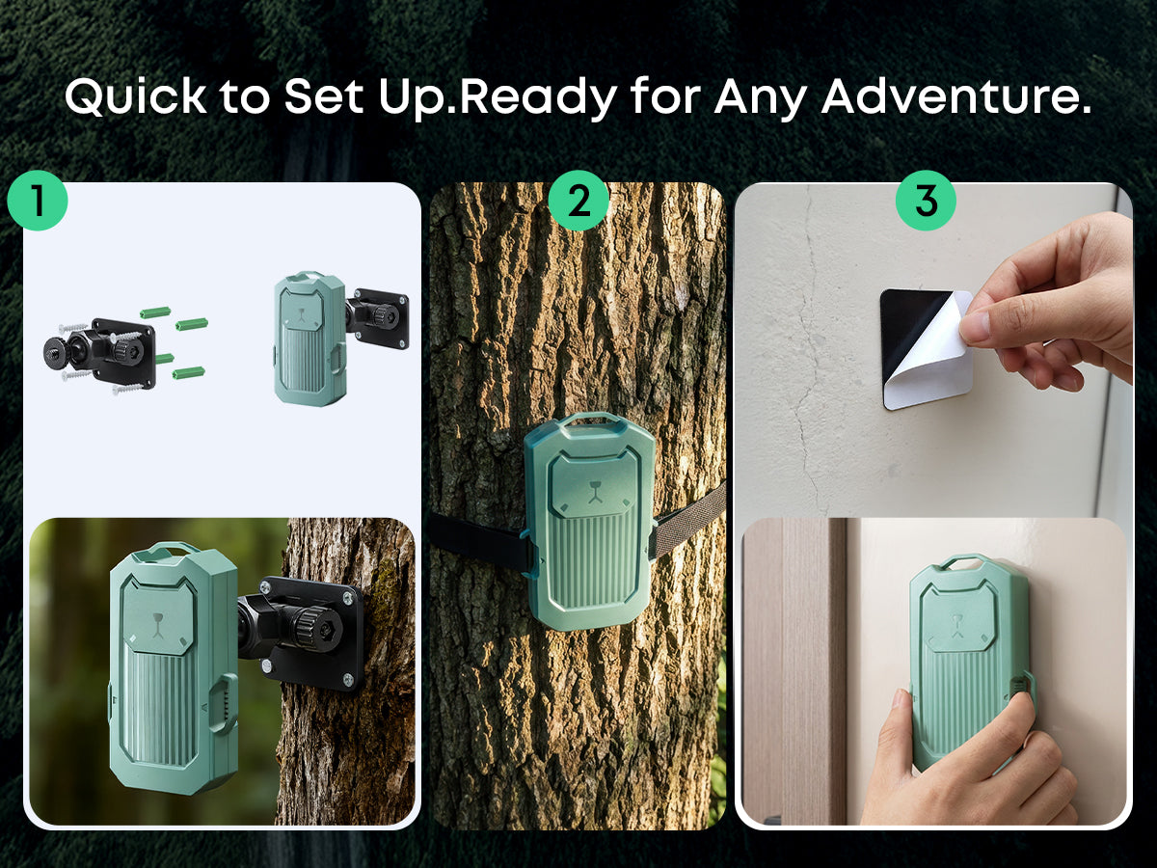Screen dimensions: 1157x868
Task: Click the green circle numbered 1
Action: click(38, 201)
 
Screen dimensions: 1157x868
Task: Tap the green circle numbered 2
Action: click(578, 201)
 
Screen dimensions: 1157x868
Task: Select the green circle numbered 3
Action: click(926, 201)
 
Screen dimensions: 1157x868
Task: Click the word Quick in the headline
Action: click(135, 96)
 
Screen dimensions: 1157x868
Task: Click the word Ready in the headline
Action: click(538, 98)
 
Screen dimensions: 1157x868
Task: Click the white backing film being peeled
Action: click(934, 359)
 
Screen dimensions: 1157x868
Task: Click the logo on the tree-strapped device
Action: click(595, 491)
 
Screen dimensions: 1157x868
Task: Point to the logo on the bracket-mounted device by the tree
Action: click(157, 624)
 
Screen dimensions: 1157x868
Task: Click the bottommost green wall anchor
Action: click(188, 373)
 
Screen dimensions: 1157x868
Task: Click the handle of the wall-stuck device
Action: click(963, 559)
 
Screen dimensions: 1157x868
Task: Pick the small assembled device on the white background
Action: click(340, 338)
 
